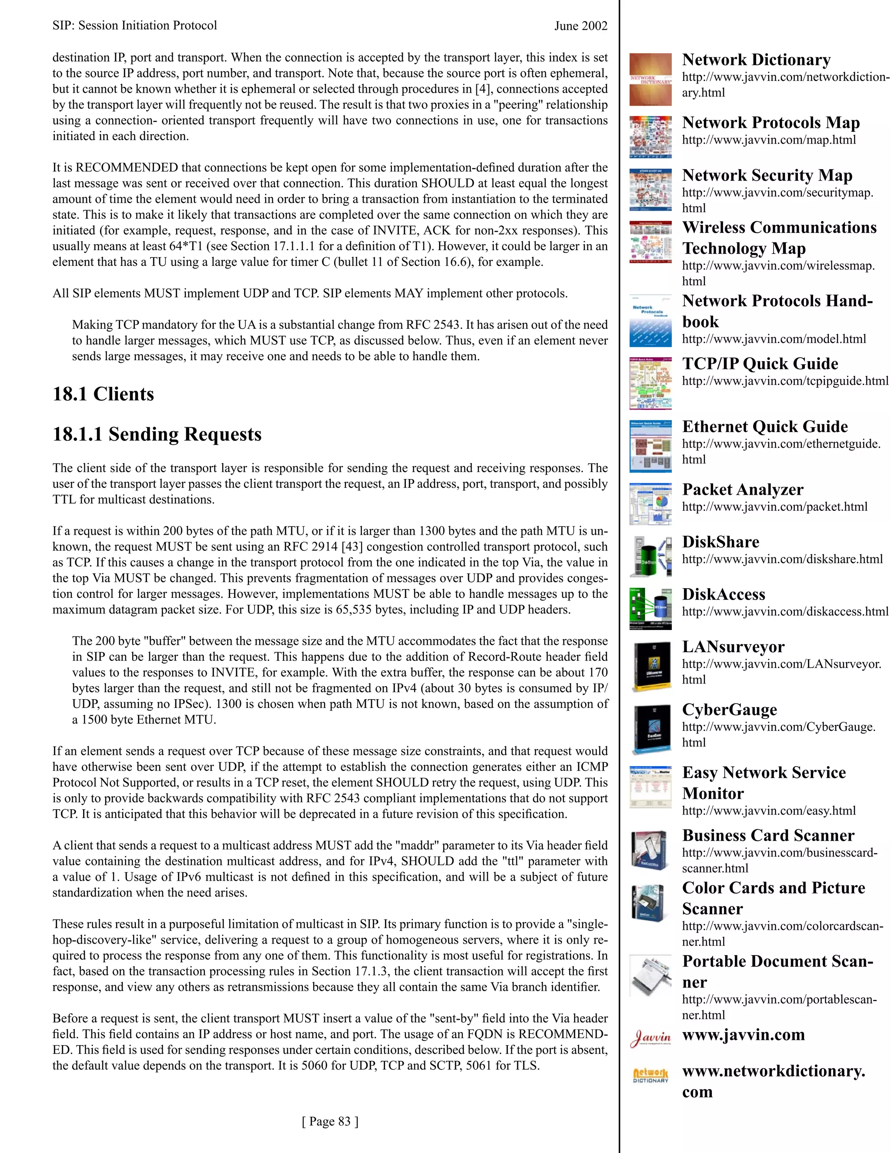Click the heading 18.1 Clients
coord(104,394)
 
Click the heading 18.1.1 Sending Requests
coord(157,435)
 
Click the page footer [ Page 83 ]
coord(330,1121)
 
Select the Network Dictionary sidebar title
coord(756,60)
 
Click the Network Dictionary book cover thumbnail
coord(650,79)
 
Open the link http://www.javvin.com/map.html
coord(769,140)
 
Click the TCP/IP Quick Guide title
coord(760,364)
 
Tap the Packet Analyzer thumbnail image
coord(650,504)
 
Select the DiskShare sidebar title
coord(720,542)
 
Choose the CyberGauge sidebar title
coord(729,710)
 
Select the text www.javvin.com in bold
coord(743,1035)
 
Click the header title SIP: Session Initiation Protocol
coord(134,25)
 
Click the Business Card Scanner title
coord(767,836)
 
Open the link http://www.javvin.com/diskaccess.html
coord(785,612)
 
